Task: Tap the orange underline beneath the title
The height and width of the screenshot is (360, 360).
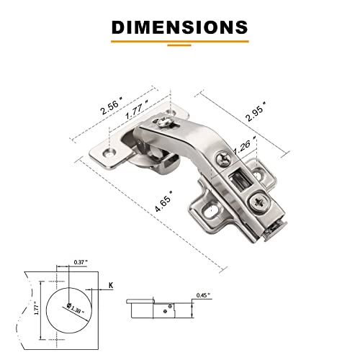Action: [x=179, y=44]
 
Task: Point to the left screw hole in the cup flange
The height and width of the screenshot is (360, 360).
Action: [x=110, y=153]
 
